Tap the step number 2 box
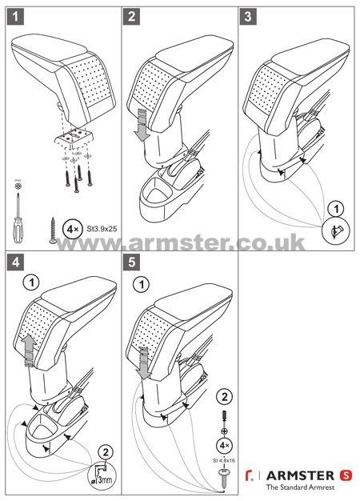133,15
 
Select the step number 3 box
250,15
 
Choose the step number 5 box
133,262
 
